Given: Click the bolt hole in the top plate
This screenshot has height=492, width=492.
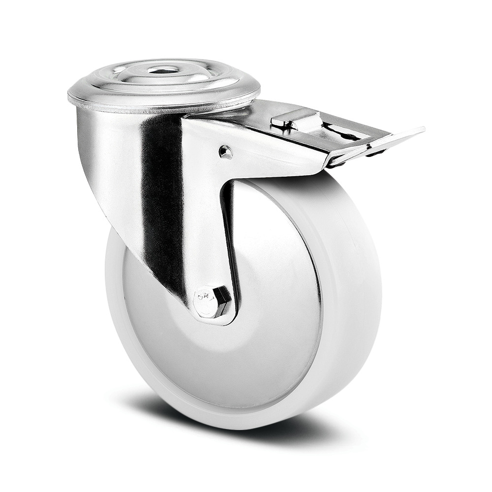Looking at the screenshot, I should (x=163, y=70).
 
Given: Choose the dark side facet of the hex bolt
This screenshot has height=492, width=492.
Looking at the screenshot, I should (x=224, y=303).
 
